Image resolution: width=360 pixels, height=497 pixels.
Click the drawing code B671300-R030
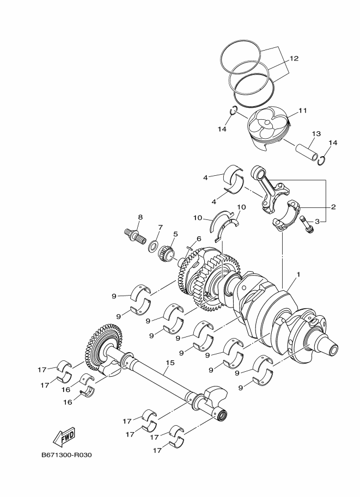tap(66, 455)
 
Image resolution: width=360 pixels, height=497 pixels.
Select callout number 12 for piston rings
tap(294, 58)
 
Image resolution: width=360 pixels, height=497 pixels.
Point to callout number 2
tap(333, 207)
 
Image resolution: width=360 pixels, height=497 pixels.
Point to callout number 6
tap(199, 238)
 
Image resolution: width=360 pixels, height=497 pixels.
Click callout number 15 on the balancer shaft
tap(170, 363)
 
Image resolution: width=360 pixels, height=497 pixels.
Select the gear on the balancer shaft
tap(103, 347)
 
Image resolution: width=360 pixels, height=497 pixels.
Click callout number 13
tap(316, 133)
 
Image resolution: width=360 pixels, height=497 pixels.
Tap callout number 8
tap(140, 217)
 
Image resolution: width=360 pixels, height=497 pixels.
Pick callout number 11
tap(303, 111)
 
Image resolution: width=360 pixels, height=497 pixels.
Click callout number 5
tap(175, 234)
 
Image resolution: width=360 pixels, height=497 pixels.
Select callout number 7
tap(160, 227)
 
